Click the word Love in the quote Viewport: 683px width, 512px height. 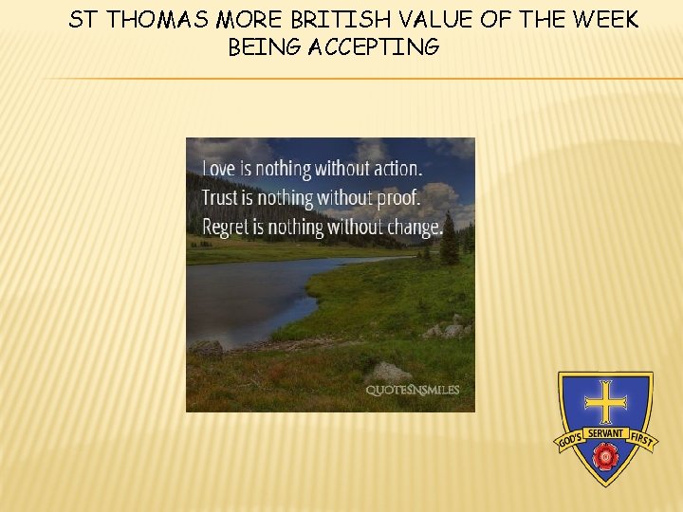218,170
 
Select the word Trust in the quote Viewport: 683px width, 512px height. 222,198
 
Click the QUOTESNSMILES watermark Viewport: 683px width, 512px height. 413,390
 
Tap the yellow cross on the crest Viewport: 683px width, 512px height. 604,402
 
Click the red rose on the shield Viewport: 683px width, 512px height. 604,458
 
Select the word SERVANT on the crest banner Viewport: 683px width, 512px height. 604,433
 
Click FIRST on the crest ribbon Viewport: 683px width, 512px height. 642,441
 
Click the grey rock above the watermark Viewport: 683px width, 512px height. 390,371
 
